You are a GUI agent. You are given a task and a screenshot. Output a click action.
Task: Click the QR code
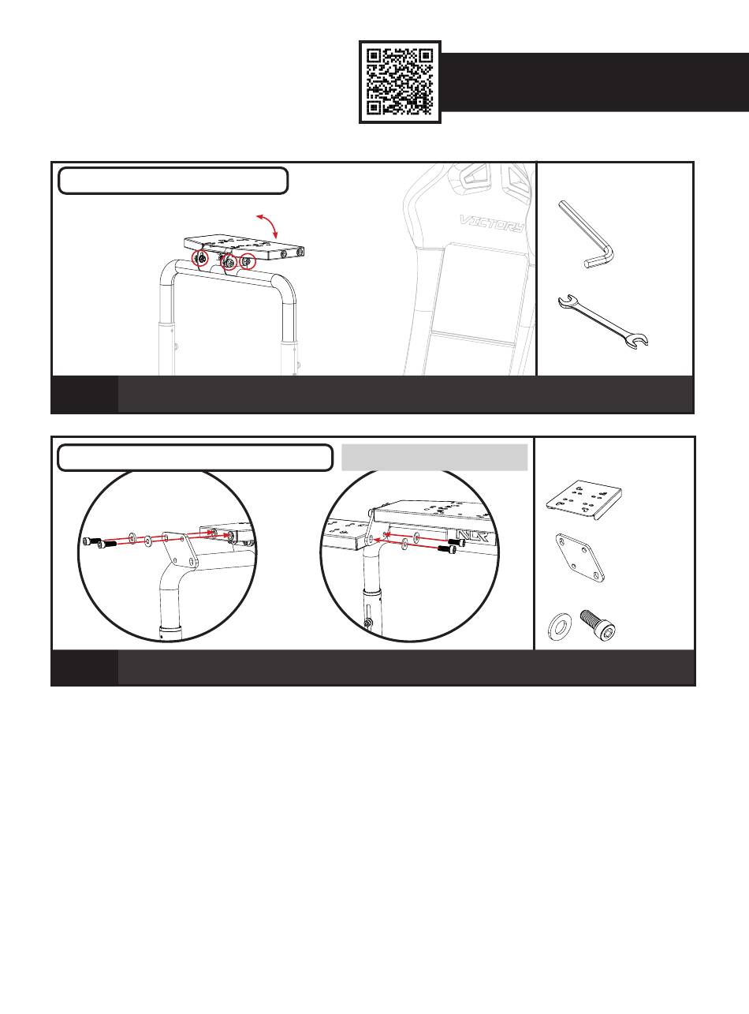click(400, 82)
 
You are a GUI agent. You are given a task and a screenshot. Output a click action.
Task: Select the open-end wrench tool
click(603, 322)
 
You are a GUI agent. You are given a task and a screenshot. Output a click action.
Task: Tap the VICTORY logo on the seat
click(492, 223)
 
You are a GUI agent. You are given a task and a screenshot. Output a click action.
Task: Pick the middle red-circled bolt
click(229, 263)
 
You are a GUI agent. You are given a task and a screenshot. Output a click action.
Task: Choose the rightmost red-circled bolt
click(248, 261)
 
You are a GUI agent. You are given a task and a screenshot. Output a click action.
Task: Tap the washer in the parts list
click(558, 627)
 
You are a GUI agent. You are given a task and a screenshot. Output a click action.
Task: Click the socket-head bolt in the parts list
click(598, 624)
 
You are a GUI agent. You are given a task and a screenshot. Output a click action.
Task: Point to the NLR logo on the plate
click(472, 536)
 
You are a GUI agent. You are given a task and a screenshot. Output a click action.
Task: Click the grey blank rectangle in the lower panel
click(434, 457)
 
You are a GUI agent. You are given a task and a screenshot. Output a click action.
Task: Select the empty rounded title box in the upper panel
click(173, 181)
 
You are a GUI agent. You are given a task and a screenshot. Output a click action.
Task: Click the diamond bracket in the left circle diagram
click(180, 551)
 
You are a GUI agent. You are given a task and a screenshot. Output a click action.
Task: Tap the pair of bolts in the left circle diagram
click(96, 543)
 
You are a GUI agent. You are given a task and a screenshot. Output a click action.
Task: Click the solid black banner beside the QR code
click(595, 82)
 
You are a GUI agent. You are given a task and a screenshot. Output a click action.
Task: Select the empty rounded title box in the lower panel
click(195, 458)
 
